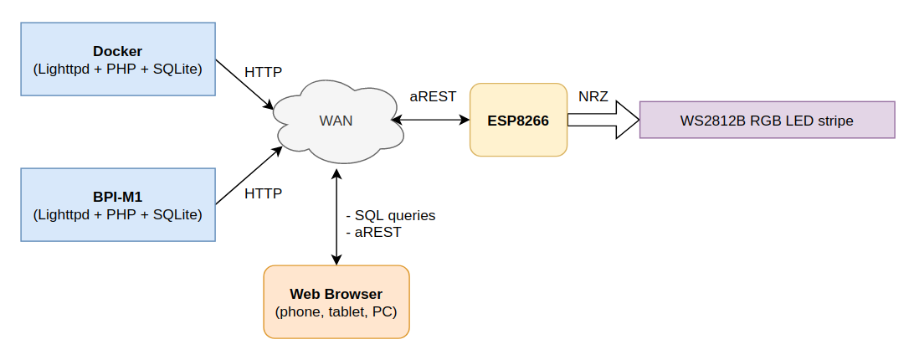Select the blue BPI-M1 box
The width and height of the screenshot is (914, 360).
[117, 205]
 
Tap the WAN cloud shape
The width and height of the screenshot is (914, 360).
[336, 121]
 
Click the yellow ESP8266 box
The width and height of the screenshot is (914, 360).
[518, 120]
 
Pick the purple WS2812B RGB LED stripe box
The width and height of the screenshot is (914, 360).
[767, 120]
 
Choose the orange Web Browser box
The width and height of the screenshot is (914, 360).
[336, 301]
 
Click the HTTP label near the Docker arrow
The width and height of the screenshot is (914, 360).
[263, 72]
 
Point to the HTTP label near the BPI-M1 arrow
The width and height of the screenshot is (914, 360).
[263, 194]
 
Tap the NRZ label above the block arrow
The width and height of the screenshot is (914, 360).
[593, 96]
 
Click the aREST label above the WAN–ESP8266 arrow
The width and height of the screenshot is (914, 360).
[433, 96]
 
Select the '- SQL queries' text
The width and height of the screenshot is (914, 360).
[391, 215]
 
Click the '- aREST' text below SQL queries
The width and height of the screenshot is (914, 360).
[374, 232]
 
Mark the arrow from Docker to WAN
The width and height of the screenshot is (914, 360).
[244, 84]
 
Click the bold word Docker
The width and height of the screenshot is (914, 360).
[117, 52]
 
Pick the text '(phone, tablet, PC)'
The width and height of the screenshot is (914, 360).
[336, 312]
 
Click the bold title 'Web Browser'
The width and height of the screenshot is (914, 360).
[336, 294]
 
